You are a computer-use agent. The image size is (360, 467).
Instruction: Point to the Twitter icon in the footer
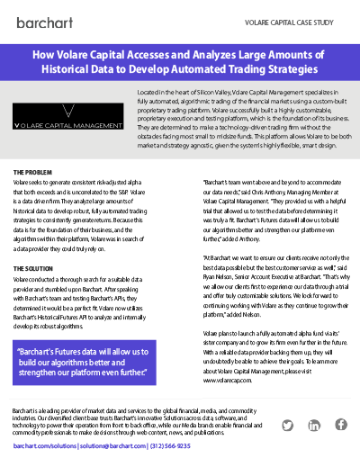(x=287, y=426)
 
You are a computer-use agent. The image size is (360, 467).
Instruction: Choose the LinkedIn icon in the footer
(x=313, y=426)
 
